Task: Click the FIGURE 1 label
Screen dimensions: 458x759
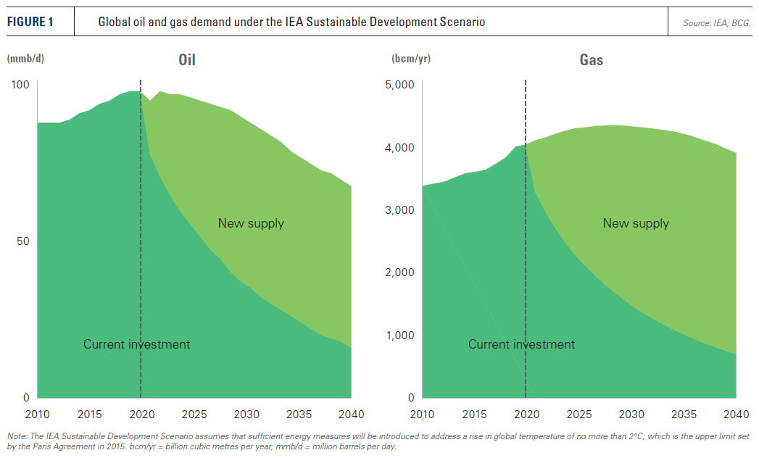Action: pyautogui.click(x=31, y=22)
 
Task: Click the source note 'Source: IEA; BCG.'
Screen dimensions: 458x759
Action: pyautogui.click(x=716, y=23)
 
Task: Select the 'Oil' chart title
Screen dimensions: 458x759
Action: pyautogui.click(x=187, y=60)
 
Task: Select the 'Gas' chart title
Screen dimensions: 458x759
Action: pyautogui.click(x=592, y=60)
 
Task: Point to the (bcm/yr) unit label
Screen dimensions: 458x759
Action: pyautogui.click(x=411, y=58)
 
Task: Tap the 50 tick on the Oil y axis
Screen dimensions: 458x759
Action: pyautogui.click(x=23, y=241)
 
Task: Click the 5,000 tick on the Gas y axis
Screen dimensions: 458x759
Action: pyautogui.click(x=399, y=85)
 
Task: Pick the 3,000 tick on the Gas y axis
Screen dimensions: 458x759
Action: pyautogui.click(x=399, y=210)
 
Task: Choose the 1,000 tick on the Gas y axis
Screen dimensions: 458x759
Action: pyautogui.click(x=399, y=336)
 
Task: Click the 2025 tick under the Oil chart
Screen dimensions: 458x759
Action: pyautogui.click(x=194, y=415)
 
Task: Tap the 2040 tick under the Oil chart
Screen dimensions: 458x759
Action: pyautogui.click(x=351, y=415)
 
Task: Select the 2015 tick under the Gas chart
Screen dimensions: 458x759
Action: pyautogui.click(x=474, y=415)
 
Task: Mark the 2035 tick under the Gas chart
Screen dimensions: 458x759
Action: pyautogui.click(x=684, y=415)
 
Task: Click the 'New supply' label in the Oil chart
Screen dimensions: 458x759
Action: pyautogui.click(x=251, y=223)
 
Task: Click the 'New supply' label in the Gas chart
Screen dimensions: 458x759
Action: pyautogui.click(x=636, y=223)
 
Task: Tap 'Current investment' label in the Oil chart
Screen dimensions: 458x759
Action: pyautogui.click(x=136, y=344)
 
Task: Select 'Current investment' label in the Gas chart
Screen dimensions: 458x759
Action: pyautogui.click(x=521, y=344)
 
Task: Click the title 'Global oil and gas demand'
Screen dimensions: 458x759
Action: pyautogui.click(x=291, y=22)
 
